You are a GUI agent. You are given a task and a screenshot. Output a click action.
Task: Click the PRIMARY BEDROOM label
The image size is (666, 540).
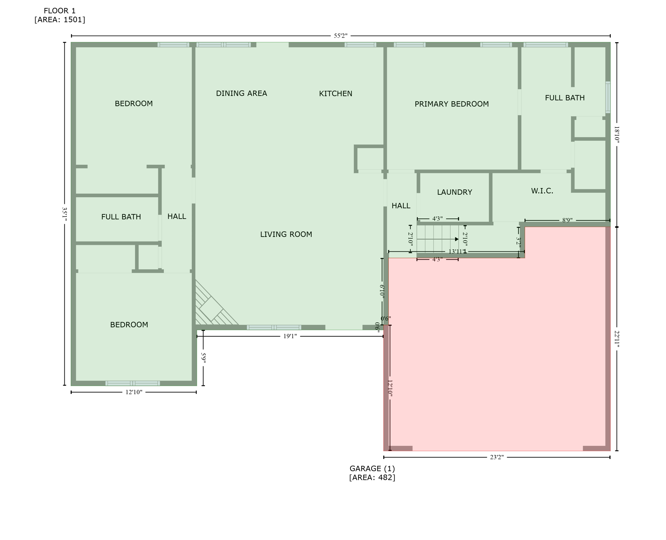[451, 104]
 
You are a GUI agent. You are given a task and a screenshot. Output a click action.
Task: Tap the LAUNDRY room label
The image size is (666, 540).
[454, 192]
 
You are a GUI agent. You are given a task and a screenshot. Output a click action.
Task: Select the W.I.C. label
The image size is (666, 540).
[542, 191]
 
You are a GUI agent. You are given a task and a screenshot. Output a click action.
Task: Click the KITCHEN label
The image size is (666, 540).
[335, 94]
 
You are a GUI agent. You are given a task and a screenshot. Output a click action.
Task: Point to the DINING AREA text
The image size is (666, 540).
[241, 94]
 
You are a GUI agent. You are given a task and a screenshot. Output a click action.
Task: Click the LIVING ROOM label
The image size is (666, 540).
[286, 234]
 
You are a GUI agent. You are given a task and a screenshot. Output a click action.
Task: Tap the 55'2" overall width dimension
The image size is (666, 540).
[340, 36]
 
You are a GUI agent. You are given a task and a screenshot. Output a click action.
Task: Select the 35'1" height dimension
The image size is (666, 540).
[65, 214]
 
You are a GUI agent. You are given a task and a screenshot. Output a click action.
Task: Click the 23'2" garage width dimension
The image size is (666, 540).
[496, 457]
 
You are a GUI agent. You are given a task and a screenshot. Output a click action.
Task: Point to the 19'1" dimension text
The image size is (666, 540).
[290, 336]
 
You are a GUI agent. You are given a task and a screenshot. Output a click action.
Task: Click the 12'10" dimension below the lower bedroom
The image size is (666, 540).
[134, 392]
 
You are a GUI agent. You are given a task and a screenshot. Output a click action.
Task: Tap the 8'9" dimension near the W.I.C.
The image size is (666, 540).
[567, 220]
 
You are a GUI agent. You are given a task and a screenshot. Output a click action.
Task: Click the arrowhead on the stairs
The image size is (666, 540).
[457, 239]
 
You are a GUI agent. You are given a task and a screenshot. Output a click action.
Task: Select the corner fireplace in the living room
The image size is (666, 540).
[211, 308]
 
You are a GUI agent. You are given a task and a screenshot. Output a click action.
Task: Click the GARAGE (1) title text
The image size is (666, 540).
[372, 469]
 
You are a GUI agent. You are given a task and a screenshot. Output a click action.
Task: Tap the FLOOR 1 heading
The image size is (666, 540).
[59, 11]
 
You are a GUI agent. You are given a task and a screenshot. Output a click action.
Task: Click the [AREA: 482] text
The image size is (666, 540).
[372, 477]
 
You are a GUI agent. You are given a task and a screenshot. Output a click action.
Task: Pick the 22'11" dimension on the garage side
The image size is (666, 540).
[617, 339]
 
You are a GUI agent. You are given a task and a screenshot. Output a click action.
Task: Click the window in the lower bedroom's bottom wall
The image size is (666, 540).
[132, 383]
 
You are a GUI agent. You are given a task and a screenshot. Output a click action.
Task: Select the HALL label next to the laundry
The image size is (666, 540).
[401, 206]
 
